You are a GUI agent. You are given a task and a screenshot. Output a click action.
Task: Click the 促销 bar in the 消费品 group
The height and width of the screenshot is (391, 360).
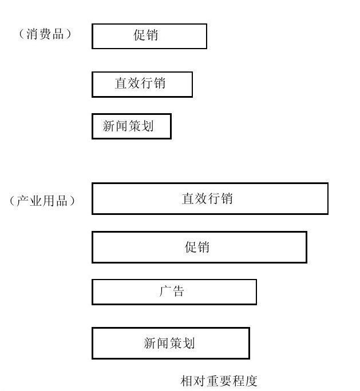(149, 36)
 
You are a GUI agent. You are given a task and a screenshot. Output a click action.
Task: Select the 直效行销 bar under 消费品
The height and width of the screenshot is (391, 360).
(143, 84)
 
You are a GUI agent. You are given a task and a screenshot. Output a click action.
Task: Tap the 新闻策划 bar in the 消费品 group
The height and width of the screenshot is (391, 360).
(132, 126)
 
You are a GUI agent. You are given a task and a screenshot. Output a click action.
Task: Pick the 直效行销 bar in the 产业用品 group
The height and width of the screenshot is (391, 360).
(210, 198)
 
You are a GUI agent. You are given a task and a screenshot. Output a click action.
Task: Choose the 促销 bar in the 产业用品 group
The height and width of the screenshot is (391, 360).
(199, 247)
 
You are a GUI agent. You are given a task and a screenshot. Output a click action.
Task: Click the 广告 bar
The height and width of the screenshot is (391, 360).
(174, 292)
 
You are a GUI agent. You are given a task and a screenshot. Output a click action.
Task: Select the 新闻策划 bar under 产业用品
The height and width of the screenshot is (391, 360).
(171, 343)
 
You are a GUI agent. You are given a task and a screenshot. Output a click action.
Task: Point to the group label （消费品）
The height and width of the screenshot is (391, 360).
(45, 34)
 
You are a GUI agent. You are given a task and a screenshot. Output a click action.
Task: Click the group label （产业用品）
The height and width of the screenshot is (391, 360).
(42, 201)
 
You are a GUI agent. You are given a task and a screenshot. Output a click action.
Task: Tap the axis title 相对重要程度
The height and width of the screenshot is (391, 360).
(219, 381)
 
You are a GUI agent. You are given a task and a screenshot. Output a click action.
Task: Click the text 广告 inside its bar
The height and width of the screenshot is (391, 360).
(172, 292)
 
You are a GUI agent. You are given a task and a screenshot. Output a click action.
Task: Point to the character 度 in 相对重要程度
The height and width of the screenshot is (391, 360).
(251, 381)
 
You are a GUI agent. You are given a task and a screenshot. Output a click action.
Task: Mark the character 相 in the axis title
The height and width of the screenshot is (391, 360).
(187, 381)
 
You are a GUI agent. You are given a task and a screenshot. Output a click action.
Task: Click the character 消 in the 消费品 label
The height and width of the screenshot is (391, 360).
(33, 34)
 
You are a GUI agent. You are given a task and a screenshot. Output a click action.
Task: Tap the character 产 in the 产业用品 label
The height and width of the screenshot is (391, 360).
(23, 201)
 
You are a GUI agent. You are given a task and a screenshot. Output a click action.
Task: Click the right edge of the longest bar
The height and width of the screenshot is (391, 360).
(328, 198)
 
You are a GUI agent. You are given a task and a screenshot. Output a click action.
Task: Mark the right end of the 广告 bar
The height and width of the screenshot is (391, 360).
(256, 292)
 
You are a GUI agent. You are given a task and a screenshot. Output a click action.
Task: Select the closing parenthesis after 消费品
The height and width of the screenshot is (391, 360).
(68, 34)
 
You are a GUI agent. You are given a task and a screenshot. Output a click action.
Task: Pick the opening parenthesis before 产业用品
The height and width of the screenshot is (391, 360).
(13, 201)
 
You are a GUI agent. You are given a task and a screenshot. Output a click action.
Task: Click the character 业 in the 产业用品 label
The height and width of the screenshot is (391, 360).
(35, 201)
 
